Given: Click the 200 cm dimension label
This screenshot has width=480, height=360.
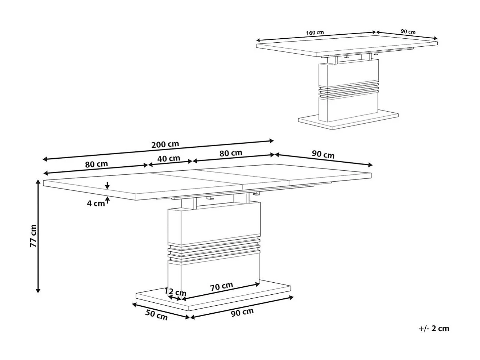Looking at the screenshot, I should coord(165,144).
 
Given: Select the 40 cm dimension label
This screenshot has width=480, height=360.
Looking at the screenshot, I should coord(169,159).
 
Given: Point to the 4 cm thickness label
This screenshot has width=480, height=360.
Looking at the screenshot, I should coord(95,203).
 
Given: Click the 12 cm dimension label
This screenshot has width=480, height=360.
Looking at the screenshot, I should coord(175,292).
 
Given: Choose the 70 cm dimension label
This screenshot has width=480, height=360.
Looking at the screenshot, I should coord(221,286).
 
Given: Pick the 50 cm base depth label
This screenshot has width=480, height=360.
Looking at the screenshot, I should coord(157,315).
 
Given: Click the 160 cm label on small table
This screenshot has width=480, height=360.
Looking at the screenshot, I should coord(315,33).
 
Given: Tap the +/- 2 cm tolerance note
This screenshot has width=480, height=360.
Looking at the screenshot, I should coord(434,328).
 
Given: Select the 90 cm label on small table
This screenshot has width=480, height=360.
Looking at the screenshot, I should coord(408,32).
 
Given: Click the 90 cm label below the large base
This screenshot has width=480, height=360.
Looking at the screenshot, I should coord(242,312).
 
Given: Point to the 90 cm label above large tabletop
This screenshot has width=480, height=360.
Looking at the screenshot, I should coord(323,155).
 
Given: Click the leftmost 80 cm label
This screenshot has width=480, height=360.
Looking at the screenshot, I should coord(97,164).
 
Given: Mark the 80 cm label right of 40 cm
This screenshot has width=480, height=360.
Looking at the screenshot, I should coord(231,153).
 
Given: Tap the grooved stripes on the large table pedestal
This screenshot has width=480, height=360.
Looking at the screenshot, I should coord(214,249).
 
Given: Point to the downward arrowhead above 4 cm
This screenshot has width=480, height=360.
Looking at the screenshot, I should coord(107,186).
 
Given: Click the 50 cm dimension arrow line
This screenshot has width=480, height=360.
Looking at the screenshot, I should coord(160,310).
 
